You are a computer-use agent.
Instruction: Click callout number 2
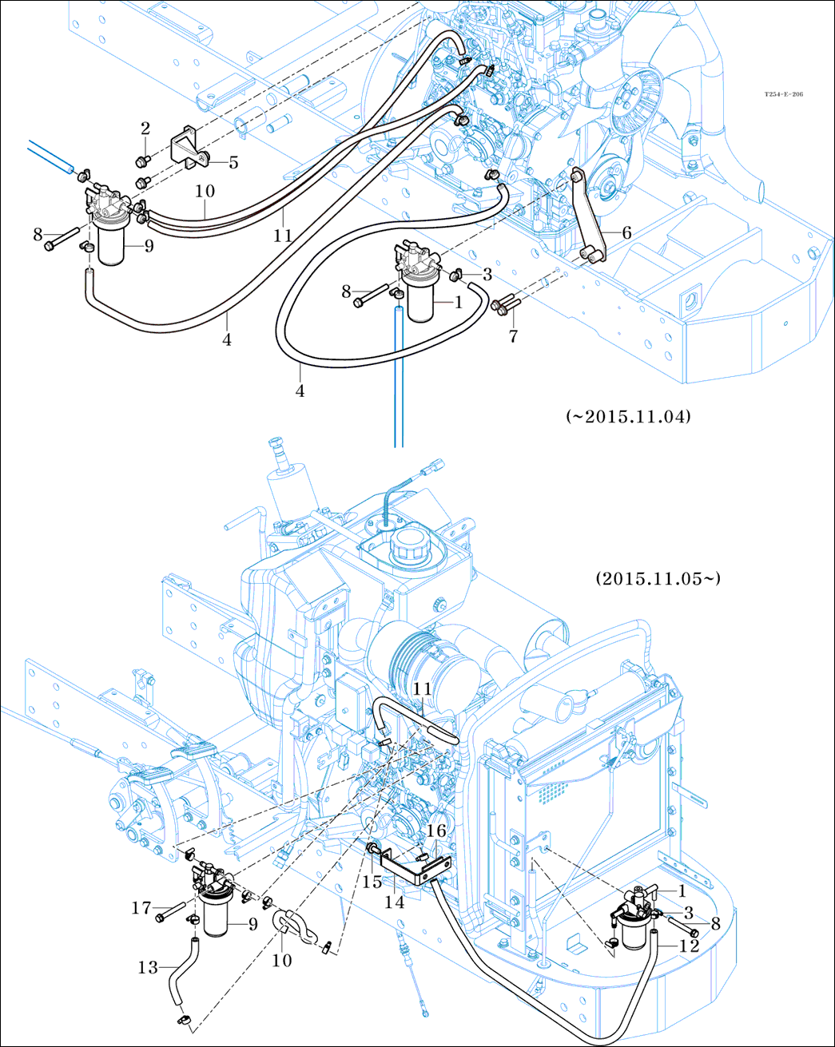coord(145,129)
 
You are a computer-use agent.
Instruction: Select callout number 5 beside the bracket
coord(233,163)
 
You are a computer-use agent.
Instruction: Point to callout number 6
coord(626,232)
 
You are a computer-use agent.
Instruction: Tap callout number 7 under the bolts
coord(513,335)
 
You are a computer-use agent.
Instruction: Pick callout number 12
coord(689,946)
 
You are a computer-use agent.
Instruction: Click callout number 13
coord(148,967)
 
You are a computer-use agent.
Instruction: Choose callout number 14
coord(395,902)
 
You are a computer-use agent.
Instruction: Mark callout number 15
coord(372,882)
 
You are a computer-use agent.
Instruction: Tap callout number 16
coord(435,831)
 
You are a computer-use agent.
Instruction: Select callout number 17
coord(141,908)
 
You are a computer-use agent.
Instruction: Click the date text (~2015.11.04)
coord(628,417)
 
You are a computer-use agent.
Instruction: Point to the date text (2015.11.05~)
coord(658,578)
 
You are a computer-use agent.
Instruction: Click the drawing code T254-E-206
coord(783,94)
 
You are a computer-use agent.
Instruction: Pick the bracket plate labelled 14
coord(412,870)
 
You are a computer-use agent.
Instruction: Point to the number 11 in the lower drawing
coord(422,689)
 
